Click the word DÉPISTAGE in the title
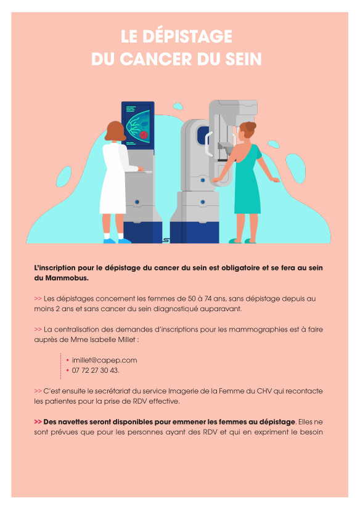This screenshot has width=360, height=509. click(187, 36)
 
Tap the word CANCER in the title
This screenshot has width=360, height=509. click(157, 59)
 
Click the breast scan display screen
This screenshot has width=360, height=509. click(138, 124)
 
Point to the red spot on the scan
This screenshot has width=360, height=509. click(144, 135)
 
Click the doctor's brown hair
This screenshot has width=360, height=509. click(115, 131)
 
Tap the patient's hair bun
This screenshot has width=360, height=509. click(251, 126)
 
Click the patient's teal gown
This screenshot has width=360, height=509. click(248, 182)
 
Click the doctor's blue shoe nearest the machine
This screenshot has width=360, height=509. click(125, 241)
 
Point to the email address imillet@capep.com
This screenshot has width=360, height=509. click(105, 360)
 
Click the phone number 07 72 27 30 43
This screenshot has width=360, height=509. click(95, 370)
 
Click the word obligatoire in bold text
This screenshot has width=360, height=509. click(240, 268)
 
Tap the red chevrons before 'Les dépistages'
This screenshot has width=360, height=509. click(38, 299)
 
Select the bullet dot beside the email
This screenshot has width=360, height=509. click(68, 360)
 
